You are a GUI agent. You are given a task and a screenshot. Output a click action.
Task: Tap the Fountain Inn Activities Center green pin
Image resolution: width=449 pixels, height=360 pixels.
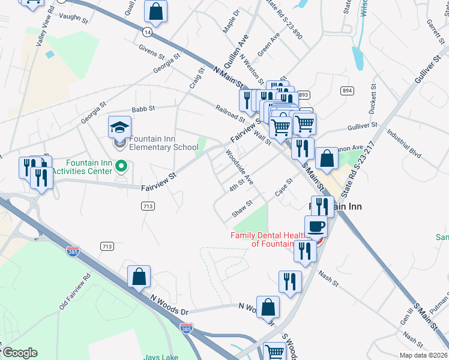[121, 166]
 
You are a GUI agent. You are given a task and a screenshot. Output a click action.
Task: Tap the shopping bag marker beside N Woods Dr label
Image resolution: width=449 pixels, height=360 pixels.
[139, 277]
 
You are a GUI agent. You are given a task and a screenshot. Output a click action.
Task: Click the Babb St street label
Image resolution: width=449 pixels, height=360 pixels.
[143, 109]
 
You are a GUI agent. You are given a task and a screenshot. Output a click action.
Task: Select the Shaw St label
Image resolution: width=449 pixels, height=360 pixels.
[243, 213]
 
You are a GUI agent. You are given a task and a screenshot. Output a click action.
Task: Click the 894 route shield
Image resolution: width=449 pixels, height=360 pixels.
[346, 90]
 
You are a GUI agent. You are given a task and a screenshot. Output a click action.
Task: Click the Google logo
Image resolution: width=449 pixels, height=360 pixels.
[20, 353]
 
